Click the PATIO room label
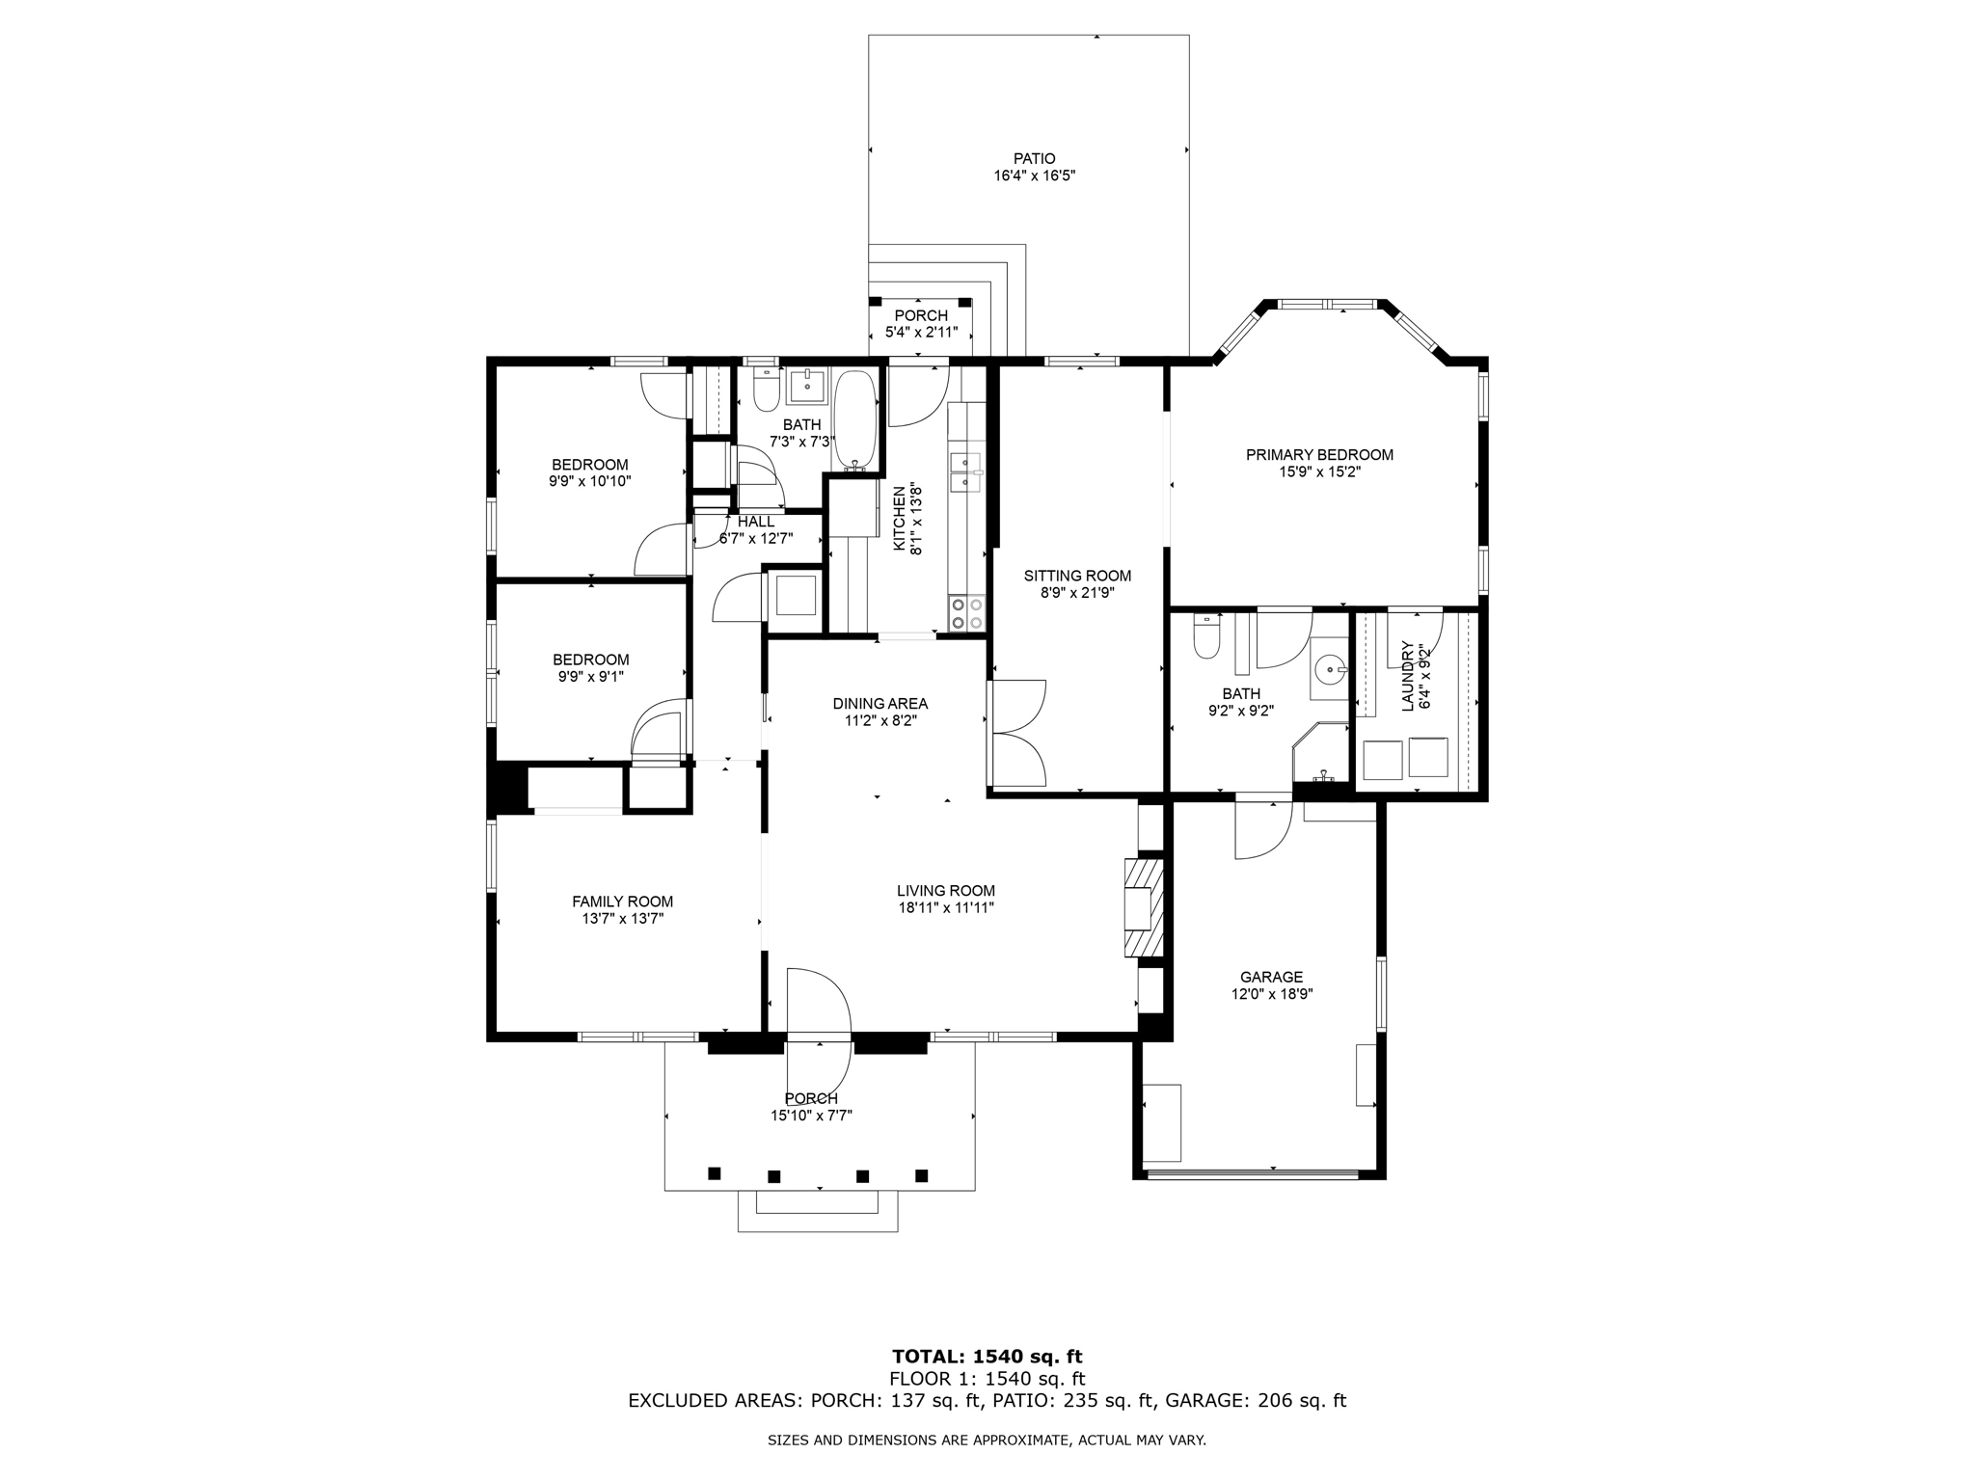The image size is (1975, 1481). coord(1034,158)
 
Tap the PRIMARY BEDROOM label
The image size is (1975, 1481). coord(1319,455)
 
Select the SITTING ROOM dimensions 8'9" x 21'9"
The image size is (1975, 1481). coord(1077,593)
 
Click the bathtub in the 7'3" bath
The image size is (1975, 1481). coord(855,420)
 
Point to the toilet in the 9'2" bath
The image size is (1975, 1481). coord(1205,636)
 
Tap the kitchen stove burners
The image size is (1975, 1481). coord(967,614)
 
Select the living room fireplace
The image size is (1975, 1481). coord(1144,907)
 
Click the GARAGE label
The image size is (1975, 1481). coord(1272,977)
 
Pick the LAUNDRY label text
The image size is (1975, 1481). coord(1407,676)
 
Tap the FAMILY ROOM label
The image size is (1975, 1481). coord(623,902)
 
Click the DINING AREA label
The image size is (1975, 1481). coord(880,704)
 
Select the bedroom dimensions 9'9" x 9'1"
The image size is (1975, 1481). coord(591,677)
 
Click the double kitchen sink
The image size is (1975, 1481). coord(965,471)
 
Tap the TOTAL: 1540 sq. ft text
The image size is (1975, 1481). coord(987,1358)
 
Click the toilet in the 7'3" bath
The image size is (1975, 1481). coord(766,390)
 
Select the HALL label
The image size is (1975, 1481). coord(756,522)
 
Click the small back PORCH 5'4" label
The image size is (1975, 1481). coord(921,315)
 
